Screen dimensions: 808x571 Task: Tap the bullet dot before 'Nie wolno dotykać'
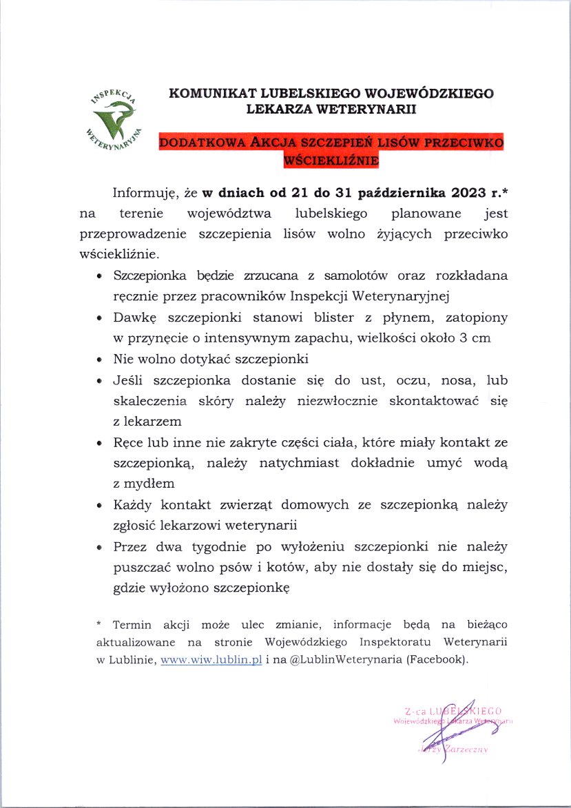coord(100,360)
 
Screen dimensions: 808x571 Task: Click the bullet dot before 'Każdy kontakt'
coord(100,506)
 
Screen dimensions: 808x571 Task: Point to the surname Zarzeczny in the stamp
coord(466,749)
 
